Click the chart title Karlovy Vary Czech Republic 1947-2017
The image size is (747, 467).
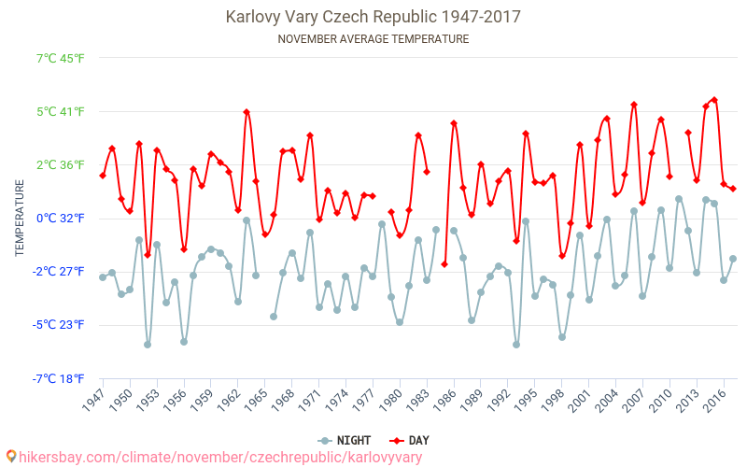373,17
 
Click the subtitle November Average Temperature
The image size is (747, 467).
373,39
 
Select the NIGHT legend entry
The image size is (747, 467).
345,440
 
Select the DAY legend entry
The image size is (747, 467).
409,440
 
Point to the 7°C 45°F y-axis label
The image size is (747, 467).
60,59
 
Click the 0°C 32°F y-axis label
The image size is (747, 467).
60,219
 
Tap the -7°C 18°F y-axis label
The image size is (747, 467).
60,378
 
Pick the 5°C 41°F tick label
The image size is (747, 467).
60,112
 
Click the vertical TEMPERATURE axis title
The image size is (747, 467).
20,219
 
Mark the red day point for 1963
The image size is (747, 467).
247,112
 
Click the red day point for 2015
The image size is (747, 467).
714,100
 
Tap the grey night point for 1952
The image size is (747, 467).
148,345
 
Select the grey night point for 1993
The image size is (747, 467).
516,345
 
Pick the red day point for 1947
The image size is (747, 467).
103,176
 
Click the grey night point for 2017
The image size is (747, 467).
733,259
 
